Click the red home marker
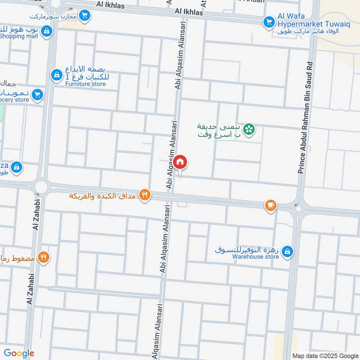(x=180, y=162)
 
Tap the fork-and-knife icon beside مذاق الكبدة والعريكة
(x=144, y=195)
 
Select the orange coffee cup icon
(x=270, y=205)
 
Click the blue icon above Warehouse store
(x=288, y=251)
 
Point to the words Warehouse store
(x=256, y=257)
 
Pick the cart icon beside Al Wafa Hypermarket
(x=269, y=21)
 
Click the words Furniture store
(x=85, y=84)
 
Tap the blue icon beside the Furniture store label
(x=56, y=75)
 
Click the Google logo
(x=19, y=353)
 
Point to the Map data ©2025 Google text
(x=324, y=355)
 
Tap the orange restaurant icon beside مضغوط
(x=43, y=257)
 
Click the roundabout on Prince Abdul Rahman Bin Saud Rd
(x=298, y=208)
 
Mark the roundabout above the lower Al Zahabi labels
(x=41, y=186)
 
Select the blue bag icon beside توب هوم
(x=47, y=31)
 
